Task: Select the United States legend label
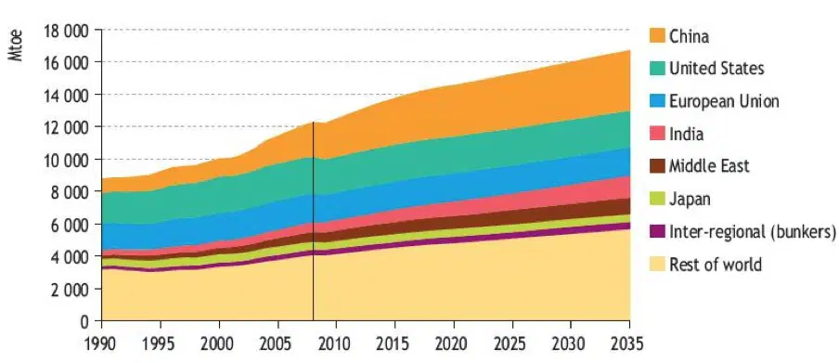716,69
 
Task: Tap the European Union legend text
724,101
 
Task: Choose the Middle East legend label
709,166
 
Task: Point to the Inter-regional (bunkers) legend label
753,232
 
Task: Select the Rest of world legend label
716,265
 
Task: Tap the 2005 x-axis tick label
278,343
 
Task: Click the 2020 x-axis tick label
454,343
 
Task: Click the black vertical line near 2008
313,222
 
